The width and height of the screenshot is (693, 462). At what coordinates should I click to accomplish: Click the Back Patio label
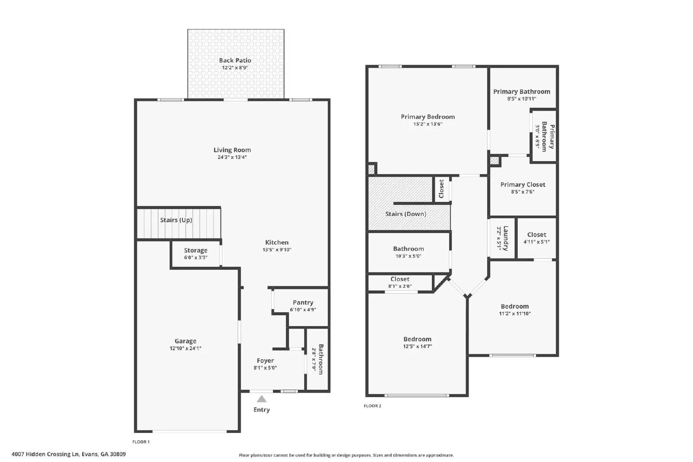click(x=235, y=61)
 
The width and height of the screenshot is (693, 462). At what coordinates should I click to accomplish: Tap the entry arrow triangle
click(x=262, y=399)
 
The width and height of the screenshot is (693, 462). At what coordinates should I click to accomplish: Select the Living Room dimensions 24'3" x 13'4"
click(x=232, y=158)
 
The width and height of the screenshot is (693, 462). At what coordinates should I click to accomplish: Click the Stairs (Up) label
click(x=176, y=220)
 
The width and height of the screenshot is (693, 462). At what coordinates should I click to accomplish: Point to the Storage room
click(x=196, y=254)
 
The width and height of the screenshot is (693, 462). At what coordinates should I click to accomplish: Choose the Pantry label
click(x=303, y=303)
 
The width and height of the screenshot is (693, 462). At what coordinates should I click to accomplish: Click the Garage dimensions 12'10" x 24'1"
click(x=185, y=349)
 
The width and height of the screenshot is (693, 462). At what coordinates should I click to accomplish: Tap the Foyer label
click(x=265, y=361)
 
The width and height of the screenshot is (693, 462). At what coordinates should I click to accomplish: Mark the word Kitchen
click(x=277, y=242)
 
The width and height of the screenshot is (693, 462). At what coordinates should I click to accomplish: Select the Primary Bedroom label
click(x=427, y=117)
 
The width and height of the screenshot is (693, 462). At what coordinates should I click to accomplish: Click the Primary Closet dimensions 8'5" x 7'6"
click(x=523, y=192)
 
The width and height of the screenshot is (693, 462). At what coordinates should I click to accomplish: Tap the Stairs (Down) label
click(x=405, y=214)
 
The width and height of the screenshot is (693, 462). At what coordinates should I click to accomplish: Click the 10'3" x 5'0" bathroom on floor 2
click(x=408, y=252)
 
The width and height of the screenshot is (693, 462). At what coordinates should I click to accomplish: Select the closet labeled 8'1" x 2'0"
click(x=400, y=283)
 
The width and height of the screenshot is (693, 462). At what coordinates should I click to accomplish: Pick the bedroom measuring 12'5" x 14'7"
click(x=417, y=342)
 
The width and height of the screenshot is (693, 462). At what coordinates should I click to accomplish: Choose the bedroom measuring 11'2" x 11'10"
click(x=515, y=310)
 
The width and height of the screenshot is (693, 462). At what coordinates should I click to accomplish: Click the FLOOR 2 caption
click(x=372, y=406)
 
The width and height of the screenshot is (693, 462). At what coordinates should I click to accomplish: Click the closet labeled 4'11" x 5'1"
click(x=537, y=238)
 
